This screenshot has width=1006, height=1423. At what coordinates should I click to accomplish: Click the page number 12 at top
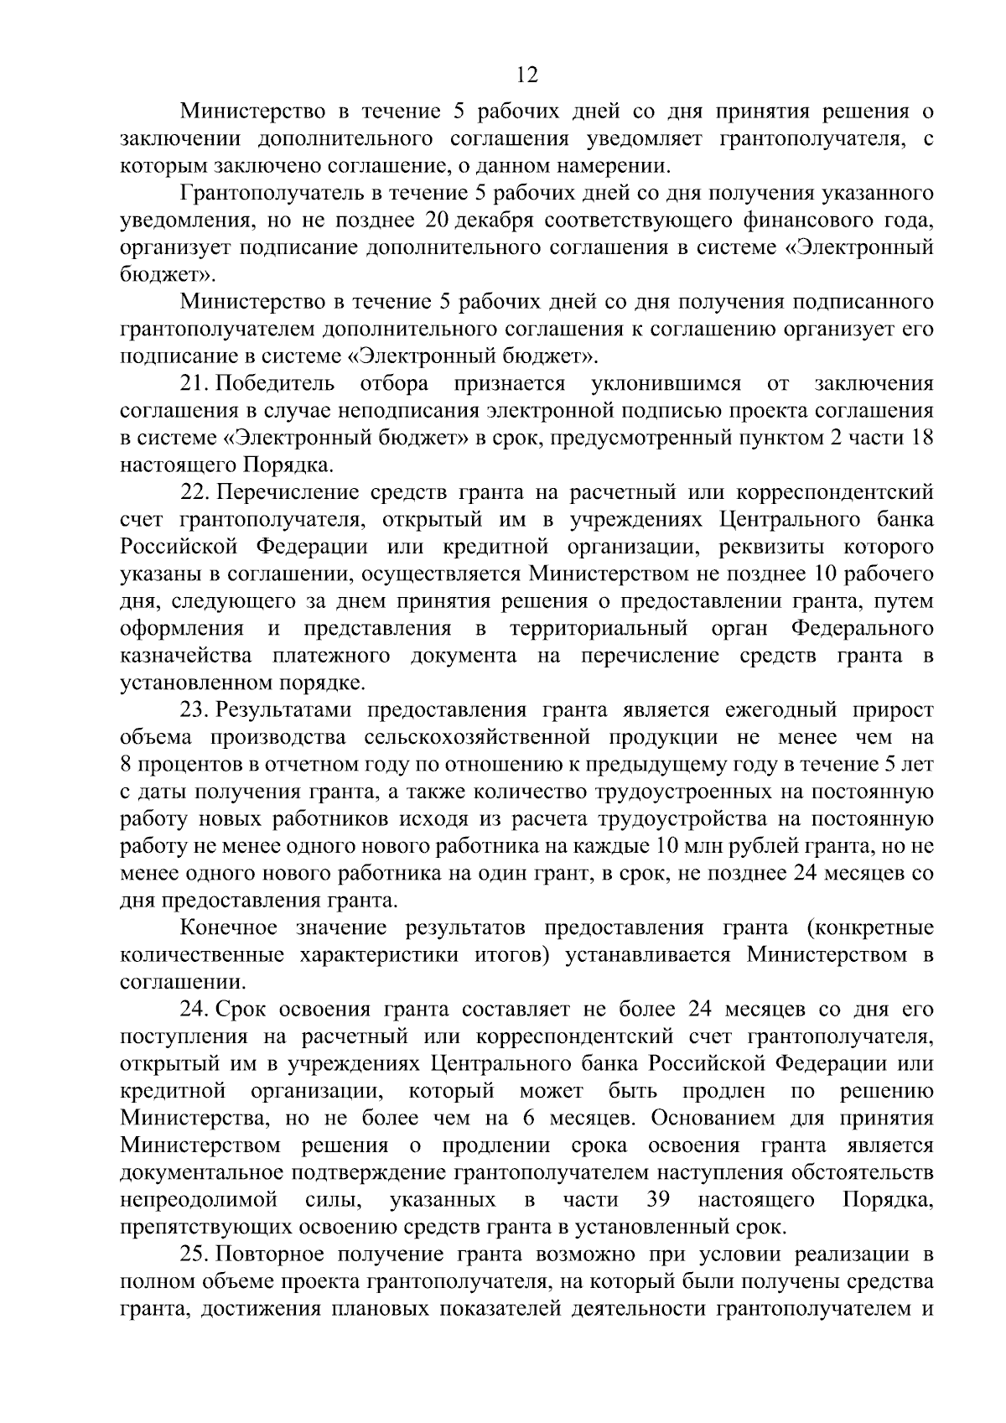pyautogui.click(x=526, y=75)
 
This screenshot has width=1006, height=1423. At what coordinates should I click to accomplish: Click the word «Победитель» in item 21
pyautogui.click(x=276, y=384)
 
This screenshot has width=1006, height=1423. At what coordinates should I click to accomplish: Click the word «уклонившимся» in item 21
pyautogui.click(x=666, y=384)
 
